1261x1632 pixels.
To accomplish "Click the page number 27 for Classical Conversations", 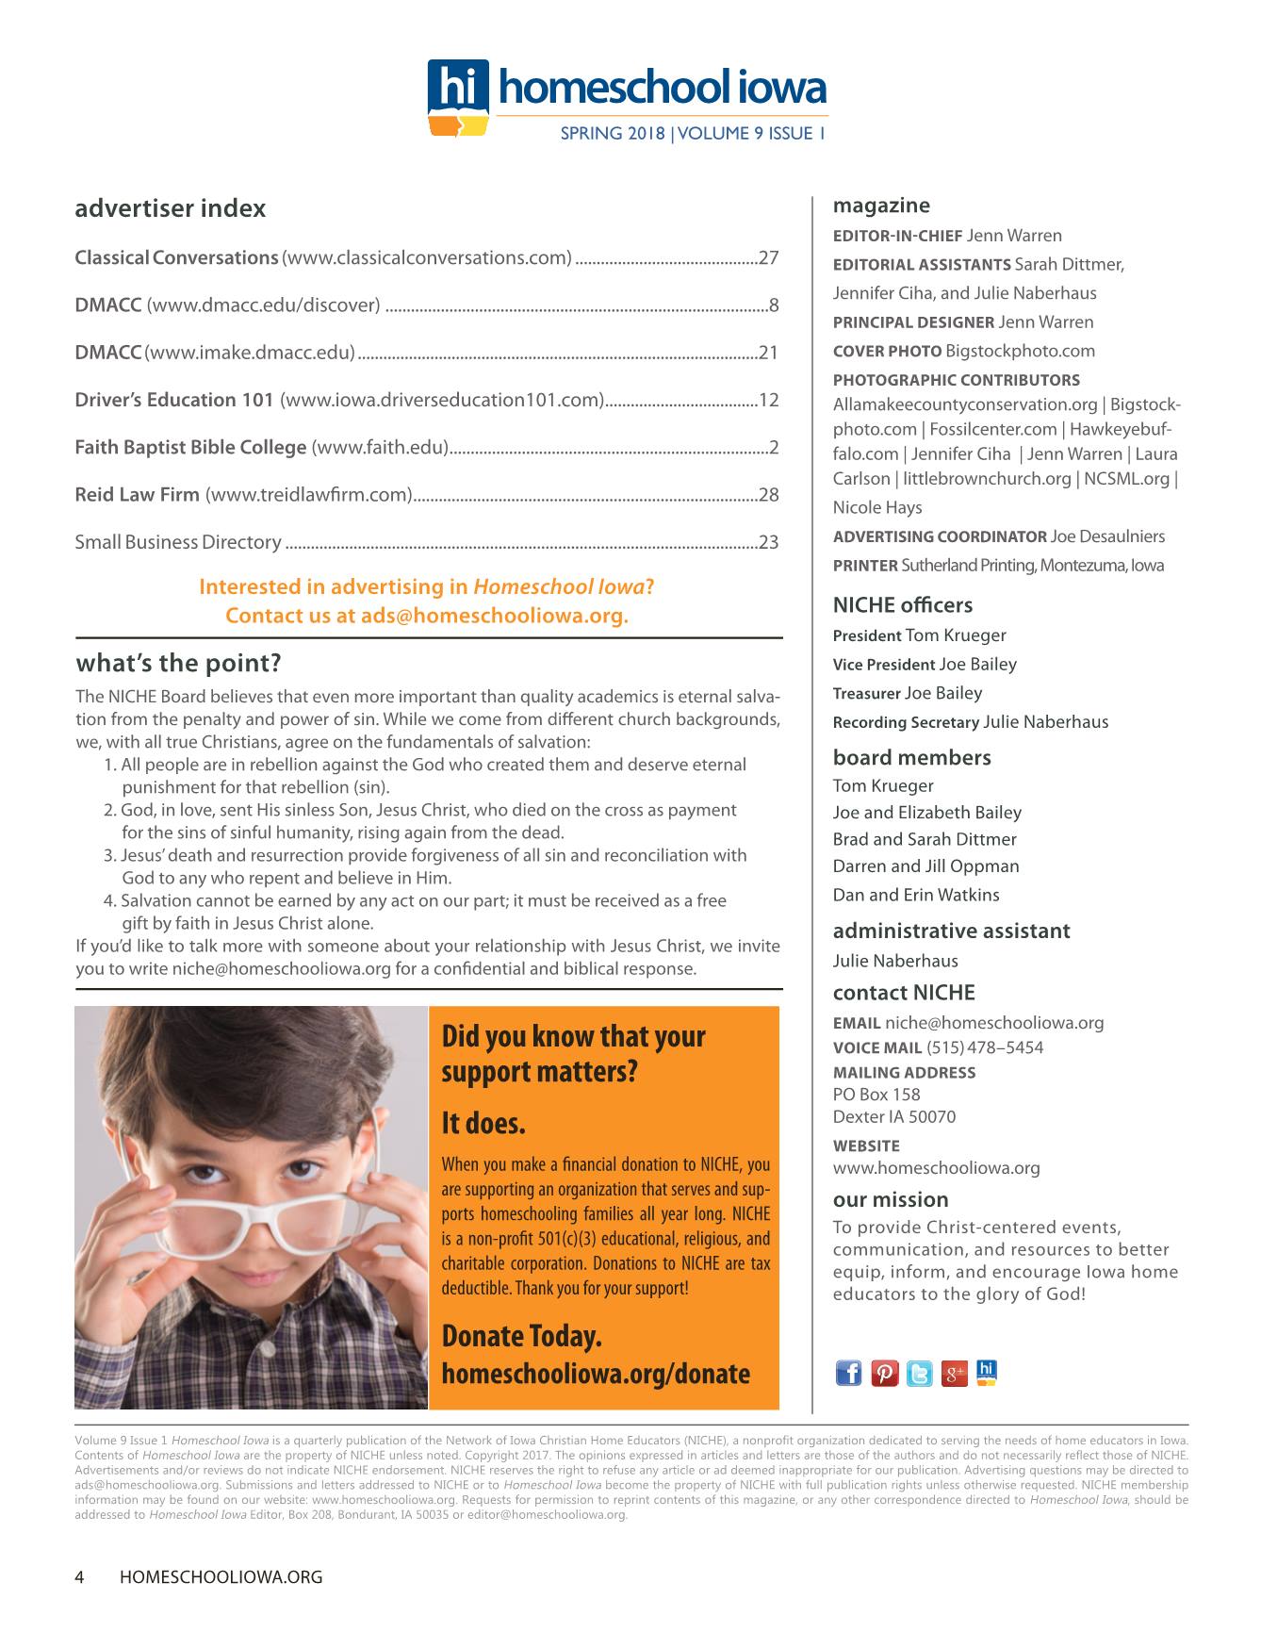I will pyautogui.click(x=768, y=258).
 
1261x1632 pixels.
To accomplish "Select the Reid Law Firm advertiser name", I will pyautogui.click(x=137, y=494).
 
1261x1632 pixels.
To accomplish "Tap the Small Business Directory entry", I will pyautogui.click(x=178, y=542).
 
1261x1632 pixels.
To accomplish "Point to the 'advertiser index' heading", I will pyautogui.click(x=170, y=208).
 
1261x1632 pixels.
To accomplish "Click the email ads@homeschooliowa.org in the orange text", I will pyautogui.click(x=494, y=617).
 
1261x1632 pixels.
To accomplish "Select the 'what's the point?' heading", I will pyautogui.click(x=178, y=664).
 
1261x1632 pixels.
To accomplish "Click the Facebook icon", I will pyautogui.click(x=848, y=1374).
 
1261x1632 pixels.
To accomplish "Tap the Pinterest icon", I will pyautogui.click(x=884, y=1374).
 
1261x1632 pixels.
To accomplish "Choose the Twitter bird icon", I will pyautogui.click(x=919, y=1374).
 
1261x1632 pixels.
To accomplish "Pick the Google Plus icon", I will pyautogui.click(x=954, y=1374).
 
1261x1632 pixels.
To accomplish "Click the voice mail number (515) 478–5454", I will pyautogui.click(x=985, y=1047).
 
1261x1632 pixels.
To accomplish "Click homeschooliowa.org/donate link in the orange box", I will pyautogui.click(x=596, y=1374).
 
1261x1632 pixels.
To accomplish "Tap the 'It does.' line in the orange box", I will pyautogui.click(x=483, y=1124).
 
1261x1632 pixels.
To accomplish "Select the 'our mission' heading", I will pyautogui.click(x=891, y=1200).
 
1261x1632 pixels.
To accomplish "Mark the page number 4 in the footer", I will pyautogui.click(x=80, y=1576).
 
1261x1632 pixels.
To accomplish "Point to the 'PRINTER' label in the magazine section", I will pyautogui.click(x=865, y=566).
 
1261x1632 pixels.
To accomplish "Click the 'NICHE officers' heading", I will pyautogui.click(x=903, y=605).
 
